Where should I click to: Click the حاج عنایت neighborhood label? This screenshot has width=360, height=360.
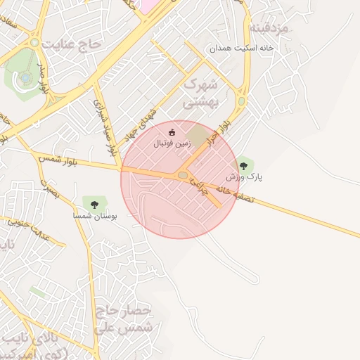coord(72,45)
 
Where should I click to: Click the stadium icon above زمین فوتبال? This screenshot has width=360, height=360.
coord(172,131)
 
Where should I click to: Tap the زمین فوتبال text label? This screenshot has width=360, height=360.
coord(172,142)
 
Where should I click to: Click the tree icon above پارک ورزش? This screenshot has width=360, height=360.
coord(243,166)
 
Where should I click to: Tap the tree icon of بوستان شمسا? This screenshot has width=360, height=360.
coord(94,205)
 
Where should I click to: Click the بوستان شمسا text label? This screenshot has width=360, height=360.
coord(95,216)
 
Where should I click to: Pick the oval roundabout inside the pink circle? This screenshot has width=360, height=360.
coord(184,175)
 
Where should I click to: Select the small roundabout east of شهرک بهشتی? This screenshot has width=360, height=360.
coord(241,101)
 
